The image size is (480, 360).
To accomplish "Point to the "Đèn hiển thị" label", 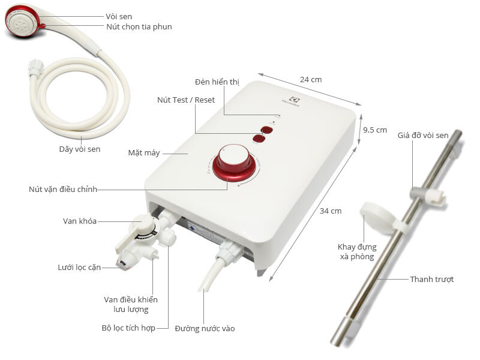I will [217, 82].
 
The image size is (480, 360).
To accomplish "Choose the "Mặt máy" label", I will [144, 152].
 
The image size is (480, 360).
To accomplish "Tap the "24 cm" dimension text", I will [311, 79].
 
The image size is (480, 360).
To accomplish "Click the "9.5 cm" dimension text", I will [375, 130].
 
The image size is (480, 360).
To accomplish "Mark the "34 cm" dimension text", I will [330, 211].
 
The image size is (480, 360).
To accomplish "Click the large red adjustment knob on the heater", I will [233, 160].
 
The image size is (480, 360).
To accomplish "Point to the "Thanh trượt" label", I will [432, 279].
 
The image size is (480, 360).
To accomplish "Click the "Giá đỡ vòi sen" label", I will [423, 136].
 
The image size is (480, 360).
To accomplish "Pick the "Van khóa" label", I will [80, 221].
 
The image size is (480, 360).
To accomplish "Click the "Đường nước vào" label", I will [205, 328].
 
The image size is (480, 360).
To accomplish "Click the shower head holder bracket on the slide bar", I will [427, 193].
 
